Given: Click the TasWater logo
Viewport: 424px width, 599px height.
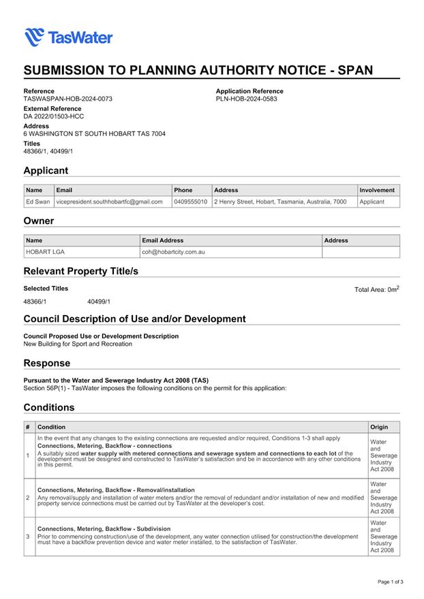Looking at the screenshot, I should pyautogui.click(x=68, y=37).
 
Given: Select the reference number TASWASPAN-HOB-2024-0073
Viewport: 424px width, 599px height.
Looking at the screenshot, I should pyautogui.click(x=67, y=99).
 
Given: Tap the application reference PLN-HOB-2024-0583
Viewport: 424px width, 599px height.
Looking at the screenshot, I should pyautogui.click(x=246, y=99).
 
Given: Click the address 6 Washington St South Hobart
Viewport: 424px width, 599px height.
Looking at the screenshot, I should pyautogui.click(x=94, y=134).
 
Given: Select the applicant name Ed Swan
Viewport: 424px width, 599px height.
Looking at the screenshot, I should pyautogui.click(x=38, y=201).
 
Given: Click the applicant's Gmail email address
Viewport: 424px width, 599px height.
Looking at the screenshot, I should pyautogui.click(x=110, y=201).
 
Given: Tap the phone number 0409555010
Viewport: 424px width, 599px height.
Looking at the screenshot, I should pyautogui.click(x=191, y=201).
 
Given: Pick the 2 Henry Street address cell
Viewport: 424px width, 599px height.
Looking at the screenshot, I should pyautogui.click(x=280, y=201).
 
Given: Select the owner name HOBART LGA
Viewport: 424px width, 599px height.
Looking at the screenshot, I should pyautogui.click(x=45, y=252).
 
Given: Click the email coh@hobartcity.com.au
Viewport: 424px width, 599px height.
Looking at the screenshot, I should pyautogui.click(x=173, y=252).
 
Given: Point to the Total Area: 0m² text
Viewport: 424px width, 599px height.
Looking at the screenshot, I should pyautogui.click(x=376, y=289).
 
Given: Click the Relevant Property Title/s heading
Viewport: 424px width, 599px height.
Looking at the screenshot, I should pyautogui.click(x=81, y=271).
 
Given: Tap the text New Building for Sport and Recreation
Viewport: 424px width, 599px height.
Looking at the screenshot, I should pyautogui.click(x=78, y=344).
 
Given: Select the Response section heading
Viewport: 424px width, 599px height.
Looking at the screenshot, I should pyautogui.click(x=46, y=363).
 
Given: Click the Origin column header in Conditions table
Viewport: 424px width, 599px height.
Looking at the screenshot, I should pyautogui.click(x=379, y=427).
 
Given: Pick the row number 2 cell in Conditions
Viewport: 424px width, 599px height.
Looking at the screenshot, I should pyautogui.click(x=28, y=498).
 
